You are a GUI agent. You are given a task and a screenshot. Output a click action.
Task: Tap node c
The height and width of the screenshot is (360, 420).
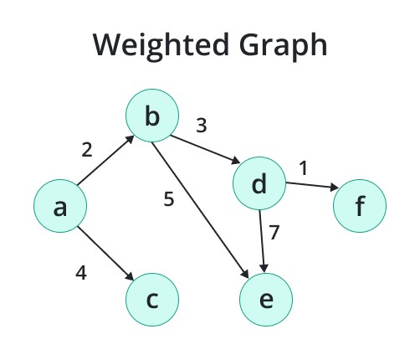(x=152, y=299)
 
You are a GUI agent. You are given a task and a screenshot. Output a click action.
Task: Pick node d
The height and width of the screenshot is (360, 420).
(x=259, y=184)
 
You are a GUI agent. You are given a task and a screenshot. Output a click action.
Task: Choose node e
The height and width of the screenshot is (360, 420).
(x=266, y=299)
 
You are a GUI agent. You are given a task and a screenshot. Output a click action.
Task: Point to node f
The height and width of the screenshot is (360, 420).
(x=360, y=206)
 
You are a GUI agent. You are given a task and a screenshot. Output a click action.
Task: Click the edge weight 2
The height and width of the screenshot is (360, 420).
(x=87, y=151)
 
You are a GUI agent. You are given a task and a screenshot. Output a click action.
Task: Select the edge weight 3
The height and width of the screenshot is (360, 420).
(x=201, y=126)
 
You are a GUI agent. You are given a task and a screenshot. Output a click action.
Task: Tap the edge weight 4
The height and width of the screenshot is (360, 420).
(x=81, y=272)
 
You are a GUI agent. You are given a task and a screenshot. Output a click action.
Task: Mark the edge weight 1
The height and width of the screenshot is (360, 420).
(x=303, y=168)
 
